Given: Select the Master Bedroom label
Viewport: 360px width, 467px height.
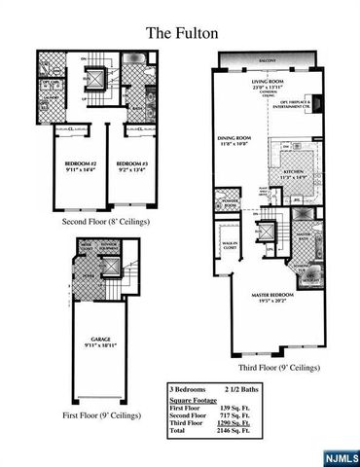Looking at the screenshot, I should [x=262, y=297].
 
